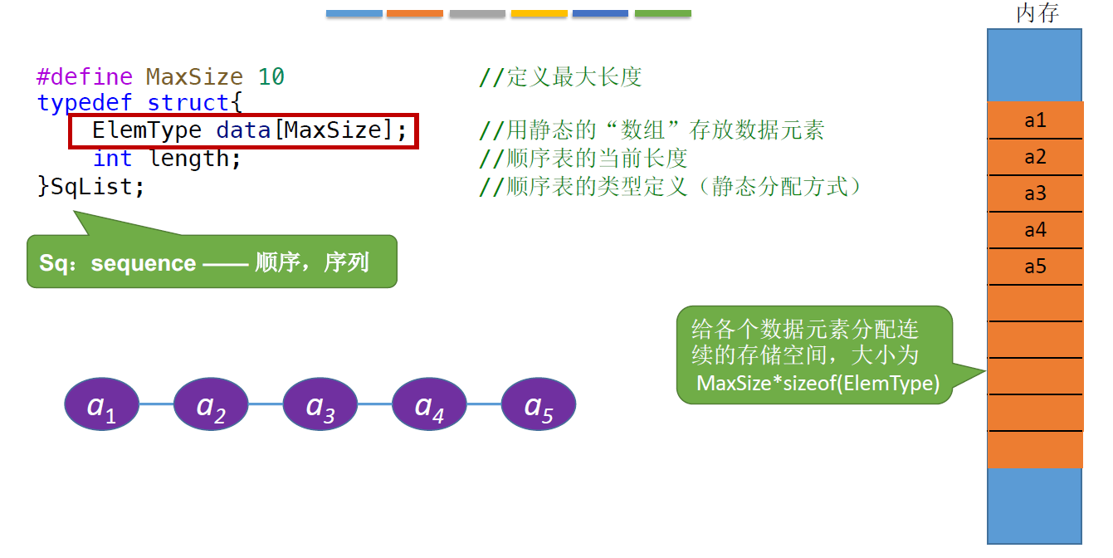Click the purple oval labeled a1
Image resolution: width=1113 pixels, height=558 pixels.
(x=102, y=404)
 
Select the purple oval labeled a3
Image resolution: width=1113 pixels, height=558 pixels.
(x=320, y=404)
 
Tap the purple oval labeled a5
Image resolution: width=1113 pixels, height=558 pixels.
(x=539, y=404)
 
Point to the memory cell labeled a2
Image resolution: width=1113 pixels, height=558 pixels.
(x=1035, y=157)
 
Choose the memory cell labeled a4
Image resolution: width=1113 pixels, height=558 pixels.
(x=1035, y=230)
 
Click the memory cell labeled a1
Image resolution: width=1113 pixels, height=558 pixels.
(x=1035, y=120)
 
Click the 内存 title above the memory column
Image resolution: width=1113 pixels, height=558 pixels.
(x=1037, y=14)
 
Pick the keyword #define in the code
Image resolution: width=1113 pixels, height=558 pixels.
(x=85, y=77)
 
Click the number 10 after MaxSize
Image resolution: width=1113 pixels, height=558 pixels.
(x=271, y=77)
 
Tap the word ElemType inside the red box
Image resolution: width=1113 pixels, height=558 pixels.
(x=147, y=130)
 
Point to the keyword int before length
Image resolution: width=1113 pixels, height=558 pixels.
(x=112, y=159)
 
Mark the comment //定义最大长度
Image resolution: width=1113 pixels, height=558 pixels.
(x=561, y=77)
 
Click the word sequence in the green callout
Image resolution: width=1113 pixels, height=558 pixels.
(x=144, y=263)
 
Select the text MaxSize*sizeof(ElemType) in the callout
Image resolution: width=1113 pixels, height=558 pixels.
(x=818, y=383)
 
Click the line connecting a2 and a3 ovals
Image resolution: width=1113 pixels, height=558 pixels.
(x=266, y=404)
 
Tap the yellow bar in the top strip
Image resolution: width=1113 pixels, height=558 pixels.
(x=539, y=13)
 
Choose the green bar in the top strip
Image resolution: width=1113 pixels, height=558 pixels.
(x=662, y=13)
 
